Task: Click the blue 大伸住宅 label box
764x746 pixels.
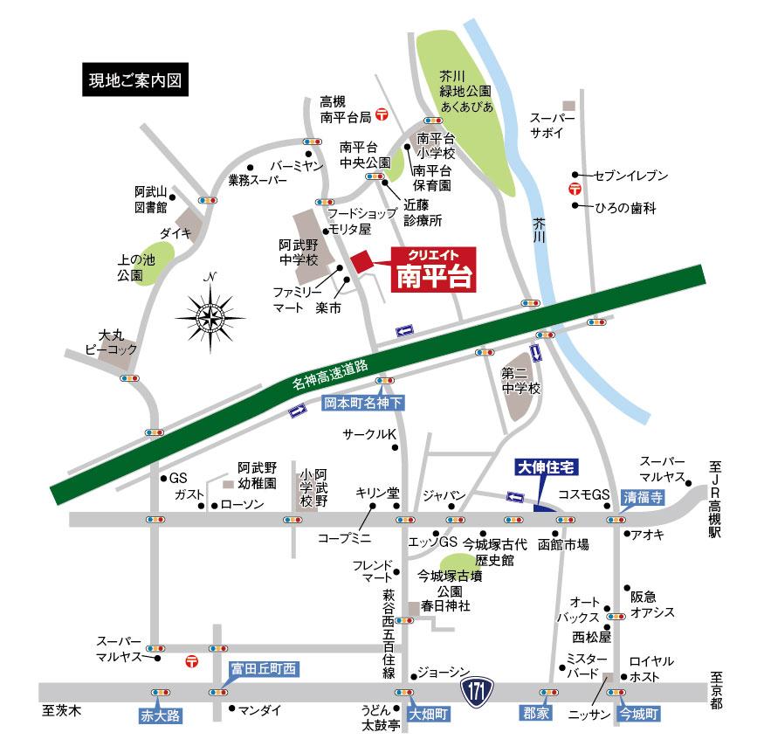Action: [x=544, y=469]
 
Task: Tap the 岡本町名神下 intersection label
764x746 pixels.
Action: [x=364, y=404]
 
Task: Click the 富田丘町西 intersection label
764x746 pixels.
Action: [x=263, y=669]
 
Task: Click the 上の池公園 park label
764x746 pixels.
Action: [x=135, y=267]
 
